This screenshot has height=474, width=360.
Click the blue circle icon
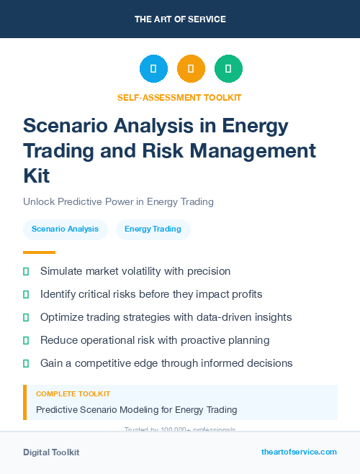point(153,69)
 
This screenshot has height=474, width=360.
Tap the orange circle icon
point(191,69)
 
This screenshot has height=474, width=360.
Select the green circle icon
point(228,69)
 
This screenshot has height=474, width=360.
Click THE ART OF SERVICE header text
point(180,19)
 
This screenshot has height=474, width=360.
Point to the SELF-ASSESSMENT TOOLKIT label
point(179,97)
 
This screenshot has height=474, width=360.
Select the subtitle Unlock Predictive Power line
point(118,201)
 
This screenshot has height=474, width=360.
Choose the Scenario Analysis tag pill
point(65,229)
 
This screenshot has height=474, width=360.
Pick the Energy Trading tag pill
point(153,229)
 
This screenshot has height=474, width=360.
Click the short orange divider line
point(39,252)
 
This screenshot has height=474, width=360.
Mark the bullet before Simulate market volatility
point(26,272)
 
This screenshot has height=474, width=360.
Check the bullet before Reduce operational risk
point(26,340)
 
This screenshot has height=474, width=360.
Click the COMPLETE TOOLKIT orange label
point(73,394)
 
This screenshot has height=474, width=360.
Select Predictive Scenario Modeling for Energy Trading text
point(136,410)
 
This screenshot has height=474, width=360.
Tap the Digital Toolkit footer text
point(51,452)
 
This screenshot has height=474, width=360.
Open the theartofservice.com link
point(299,452)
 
